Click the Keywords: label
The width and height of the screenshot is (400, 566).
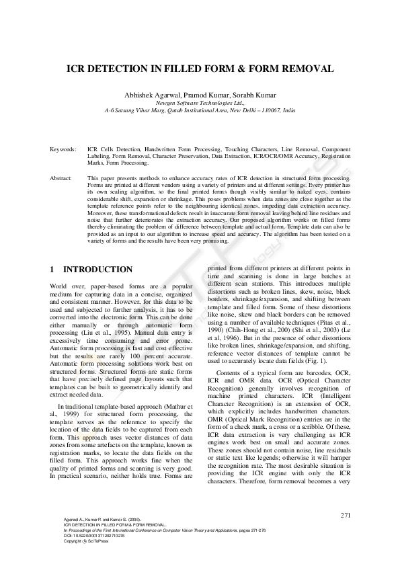tap(63, 145)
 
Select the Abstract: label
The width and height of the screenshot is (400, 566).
tap(62, 177)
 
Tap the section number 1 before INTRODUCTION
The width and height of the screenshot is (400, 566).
tap(52, 270)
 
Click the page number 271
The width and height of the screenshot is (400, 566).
tap(346, 515)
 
